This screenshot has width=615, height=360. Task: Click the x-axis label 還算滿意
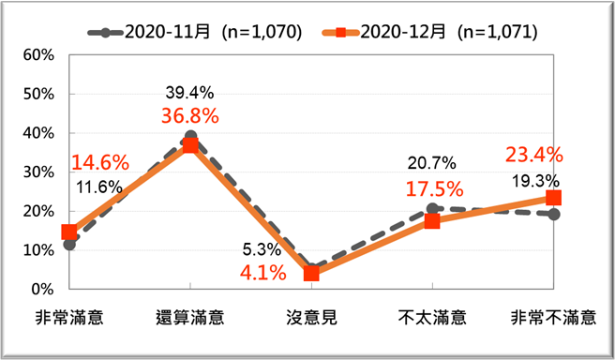click(189, 316)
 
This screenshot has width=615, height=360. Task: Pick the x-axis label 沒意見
click(310, 316)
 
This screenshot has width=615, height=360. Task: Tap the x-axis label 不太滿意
click(432, 316)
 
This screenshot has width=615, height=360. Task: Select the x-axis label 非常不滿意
click(553, 316)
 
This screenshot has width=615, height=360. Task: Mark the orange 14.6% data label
click(99, 161)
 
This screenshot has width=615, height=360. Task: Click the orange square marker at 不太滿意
click(432, 221)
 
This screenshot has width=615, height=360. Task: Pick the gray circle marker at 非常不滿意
click(554, 214)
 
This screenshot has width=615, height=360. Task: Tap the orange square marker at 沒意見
click(311, 274)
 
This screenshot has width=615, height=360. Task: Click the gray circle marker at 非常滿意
click(68, 244)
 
